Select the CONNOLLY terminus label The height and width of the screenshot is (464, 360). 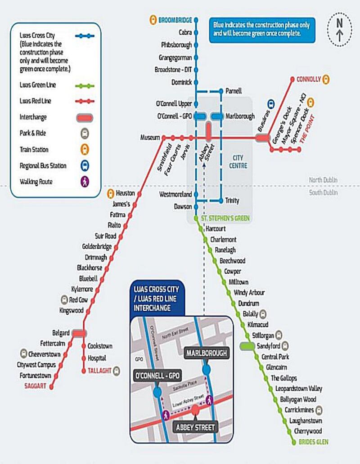tap(309, 79)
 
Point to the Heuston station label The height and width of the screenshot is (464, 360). tap(125, 193)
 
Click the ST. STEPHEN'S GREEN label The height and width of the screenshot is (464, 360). tap(225, 219)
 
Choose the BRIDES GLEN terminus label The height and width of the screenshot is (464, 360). tap(313, 442)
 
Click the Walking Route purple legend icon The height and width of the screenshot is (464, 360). tap(85, 182)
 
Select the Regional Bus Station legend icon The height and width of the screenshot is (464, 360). tap(85, 165)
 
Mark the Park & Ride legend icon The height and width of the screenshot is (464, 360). tap(85, 133)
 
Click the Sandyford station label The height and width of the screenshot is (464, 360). tap(268, 346)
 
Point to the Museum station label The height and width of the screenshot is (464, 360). tap(150, 137)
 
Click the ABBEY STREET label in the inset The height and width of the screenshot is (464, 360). tap(195, 427)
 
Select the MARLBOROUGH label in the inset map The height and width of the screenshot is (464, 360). tap(207, 353)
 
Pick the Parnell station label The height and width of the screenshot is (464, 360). tap(234, 91)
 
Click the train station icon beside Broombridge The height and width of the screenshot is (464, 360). tap(152, 20)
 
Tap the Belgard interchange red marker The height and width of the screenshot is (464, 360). tap(79, 333)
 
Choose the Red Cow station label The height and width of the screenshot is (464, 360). tap(79, 300)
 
